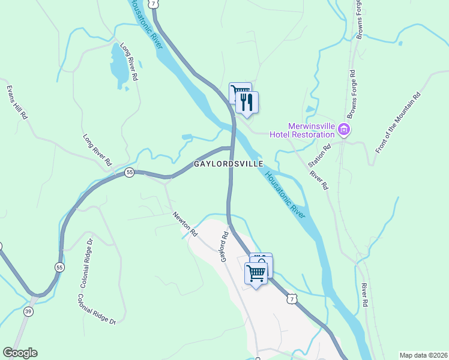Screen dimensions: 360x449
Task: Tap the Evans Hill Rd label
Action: [17, 102]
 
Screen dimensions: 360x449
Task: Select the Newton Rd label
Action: [185, 223]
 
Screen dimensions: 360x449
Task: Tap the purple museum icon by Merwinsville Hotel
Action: [344, 129]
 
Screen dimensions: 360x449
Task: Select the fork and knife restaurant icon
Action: [247, 101]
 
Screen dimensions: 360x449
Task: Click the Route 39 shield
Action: [28, 311]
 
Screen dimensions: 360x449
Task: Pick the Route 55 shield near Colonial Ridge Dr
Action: [59, 266]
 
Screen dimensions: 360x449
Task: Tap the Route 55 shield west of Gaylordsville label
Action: [129, 172]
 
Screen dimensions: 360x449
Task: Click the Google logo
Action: [20, 353]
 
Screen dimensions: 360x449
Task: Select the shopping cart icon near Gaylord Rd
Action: [256, 273]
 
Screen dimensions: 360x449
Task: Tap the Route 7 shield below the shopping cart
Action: [291, 298]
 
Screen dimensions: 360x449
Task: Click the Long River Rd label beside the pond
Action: [130, 61]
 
